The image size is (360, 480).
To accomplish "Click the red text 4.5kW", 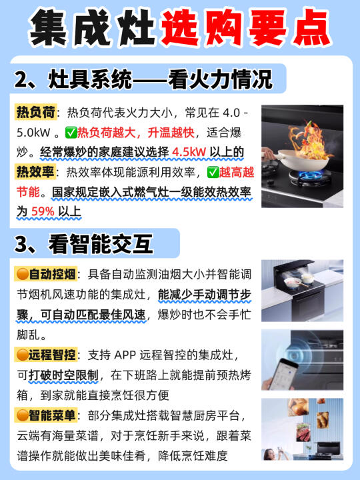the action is [189, 152].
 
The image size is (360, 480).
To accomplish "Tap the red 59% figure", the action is [43, 211].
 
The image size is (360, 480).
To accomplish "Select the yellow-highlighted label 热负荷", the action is [35, 113].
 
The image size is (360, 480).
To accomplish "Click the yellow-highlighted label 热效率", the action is [35, 172].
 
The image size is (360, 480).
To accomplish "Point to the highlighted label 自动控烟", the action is [45, 274].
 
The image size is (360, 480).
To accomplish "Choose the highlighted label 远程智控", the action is [45, 355].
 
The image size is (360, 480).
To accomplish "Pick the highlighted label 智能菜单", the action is [45, 415].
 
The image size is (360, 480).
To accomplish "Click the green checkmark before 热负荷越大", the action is [71, 133].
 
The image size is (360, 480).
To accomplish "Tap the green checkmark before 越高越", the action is [213, 173].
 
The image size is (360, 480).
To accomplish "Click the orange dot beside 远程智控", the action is [23, 355].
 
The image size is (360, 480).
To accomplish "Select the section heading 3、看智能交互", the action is [83, 244].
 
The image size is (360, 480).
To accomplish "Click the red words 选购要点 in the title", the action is [246, 27].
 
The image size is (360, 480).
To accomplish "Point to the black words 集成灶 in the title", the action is [92, 27].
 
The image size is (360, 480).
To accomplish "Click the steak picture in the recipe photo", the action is [303, 432].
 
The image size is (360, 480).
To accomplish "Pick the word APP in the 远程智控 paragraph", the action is [125, 355].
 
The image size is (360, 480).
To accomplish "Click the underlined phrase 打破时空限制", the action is [63, 375].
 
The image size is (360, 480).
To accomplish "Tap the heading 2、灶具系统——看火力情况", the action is [143, 79].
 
